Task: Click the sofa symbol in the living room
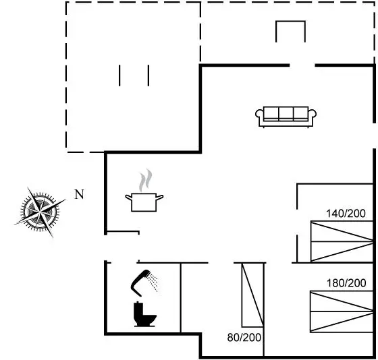[286, 117]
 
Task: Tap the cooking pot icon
[144, 202]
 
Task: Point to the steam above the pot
[146, 180]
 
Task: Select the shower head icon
[141, 283]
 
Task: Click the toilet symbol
[144, 314]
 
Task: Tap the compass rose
[40, 212]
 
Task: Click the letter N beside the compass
[80, 194]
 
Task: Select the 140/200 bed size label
[346, 214]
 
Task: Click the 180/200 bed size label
[346, 283]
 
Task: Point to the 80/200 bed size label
[244, 338]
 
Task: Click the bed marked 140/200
[342, 241]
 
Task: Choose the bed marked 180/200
[342, 311]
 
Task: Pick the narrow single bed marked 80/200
[252, 295]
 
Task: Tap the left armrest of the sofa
[259, 114]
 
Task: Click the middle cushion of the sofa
[286, 113]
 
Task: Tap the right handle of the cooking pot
[159, 198]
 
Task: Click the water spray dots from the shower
[153, 282]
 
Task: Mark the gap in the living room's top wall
[302, 65]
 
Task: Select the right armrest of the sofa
[313, 114]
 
